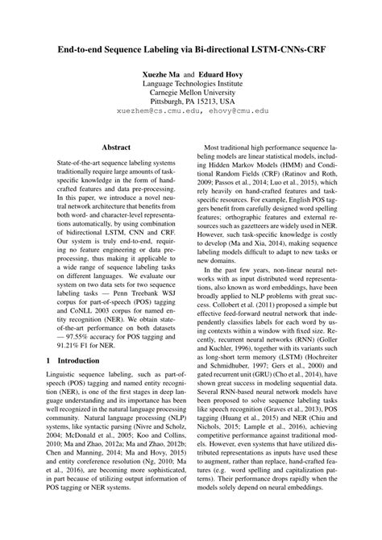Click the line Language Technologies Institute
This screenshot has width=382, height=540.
[x=190, y=83]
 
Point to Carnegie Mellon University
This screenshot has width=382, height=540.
[x=190, y=93]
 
